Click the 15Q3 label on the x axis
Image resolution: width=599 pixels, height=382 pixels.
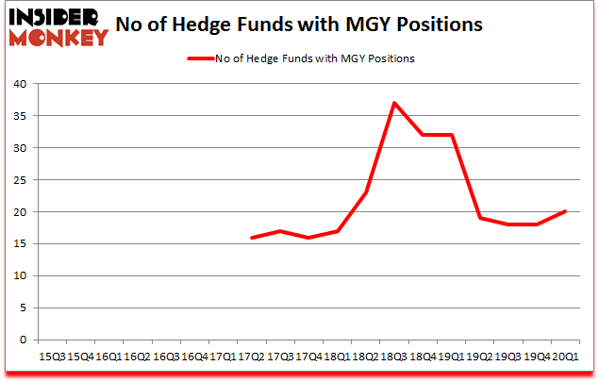coord(51,357)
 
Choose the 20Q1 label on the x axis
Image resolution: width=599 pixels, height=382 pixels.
coord(565,357)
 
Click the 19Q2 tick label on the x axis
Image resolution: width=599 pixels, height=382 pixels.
coord(480,357)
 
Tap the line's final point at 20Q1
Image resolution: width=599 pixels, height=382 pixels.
coord(565,212)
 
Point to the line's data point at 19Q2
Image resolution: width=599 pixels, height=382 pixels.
coord(480,218)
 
